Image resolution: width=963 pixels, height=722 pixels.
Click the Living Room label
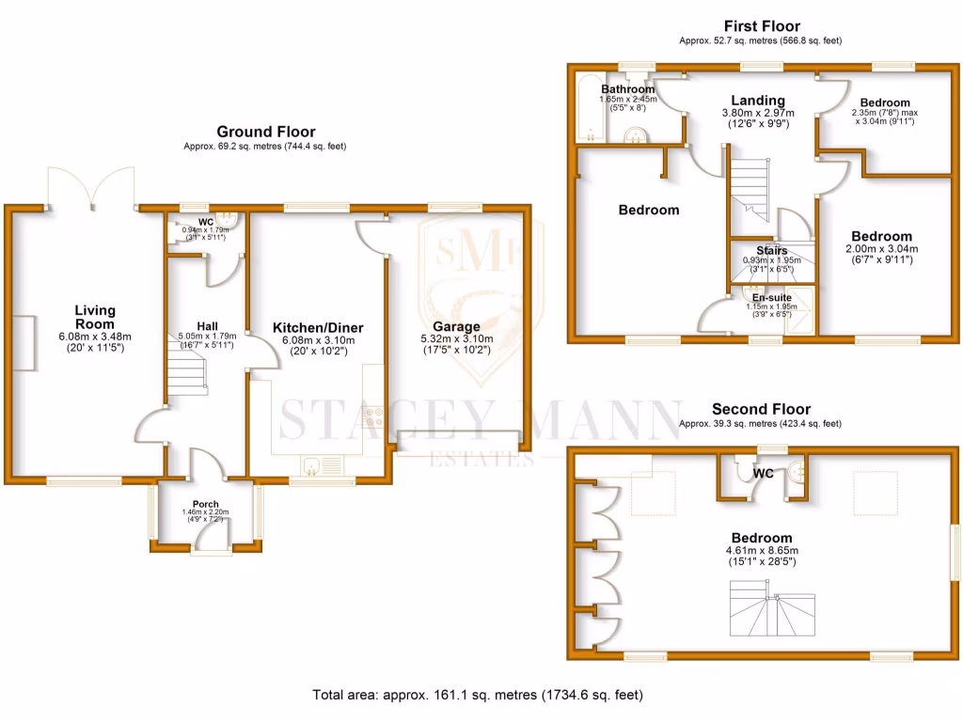pyautogui.click(x=95, y=316)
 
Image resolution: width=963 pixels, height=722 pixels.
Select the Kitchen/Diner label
pyautogui.click(x=318, y=327)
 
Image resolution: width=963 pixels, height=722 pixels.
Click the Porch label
pyautogui.click(x=205, y=504)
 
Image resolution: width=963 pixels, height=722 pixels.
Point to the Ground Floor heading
pyautogui.click(x=253, y=132)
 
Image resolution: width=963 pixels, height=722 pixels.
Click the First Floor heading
pyautogui.click(x=762, y=26)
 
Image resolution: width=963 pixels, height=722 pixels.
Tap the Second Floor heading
pyautogui.click(x=761, y=409)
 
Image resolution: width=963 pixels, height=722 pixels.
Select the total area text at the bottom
pyautogui.click(x=478, y=696)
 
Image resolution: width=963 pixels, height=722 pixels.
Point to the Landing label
pyautogui.click(x=758, y=101)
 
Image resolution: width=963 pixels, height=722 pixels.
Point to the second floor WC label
pyautogui.click(x=764, y=474)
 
